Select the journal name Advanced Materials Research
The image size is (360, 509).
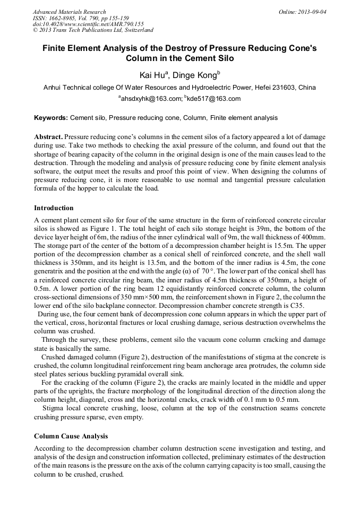[69, 12]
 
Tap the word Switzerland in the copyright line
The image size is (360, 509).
[136, 31]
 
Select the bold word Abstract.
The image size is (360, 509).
[49, 136]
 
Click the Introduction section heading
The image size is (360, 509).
[54, 208]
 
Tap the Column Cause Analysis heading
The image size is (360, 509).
[71, 436]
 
